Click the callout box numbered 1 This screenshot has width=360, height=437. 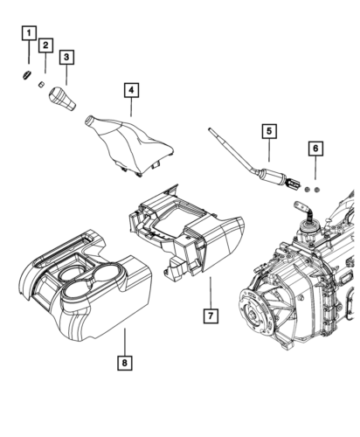click(29, 35)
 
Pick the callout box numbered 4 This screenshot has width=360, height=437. click(129, 90)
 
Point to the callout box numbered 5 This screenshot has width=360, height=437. click(272, 133)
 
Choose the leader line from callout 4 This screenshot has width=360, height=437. click(130, 108)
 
